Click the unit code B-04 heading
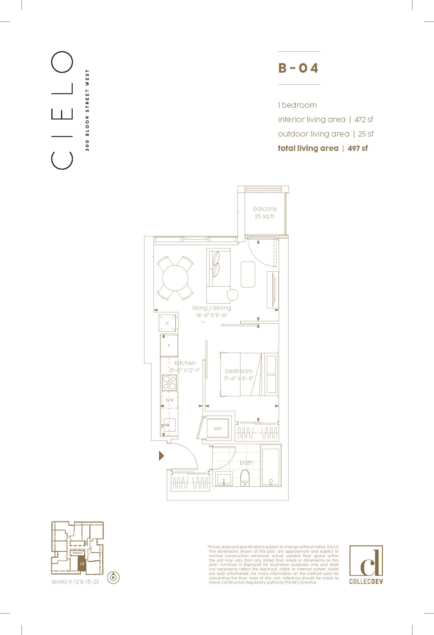tap(298, 68)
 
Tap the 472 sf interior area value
tap(364, 119)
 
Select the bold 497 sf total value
tap(358, 148)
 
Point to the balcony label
tap(265, 209)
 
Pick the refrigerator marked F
tap(169, 345)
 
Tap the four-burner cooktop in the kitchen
tap(169, 382)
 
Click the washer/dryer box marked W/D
tap(218, 429)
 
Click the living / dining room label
tap(211, 308)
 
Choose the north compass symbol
tap(114, 578)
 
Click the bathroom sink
tap(223, 479)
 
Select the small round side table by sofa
tap(233, 294)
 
